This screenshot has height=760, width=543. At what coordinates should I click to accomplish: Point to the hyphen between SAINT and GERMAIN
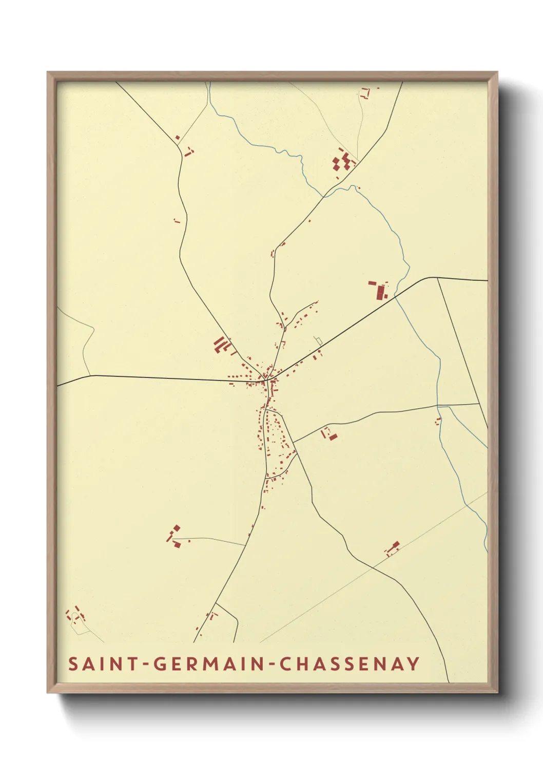click(x=145, y=664)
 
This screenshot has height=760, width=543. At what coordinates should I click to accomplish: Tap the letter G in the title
click(x=160, y=664)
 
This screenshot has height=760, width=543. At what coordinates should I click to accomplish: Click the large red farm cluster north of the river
click(x=343, y=161)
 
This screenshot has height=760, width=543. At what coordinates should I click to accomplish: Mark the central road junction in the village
click(x=267, y=381)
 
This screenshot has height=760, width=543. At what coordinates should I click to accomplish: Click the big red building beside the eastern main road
click(x=380, y=291)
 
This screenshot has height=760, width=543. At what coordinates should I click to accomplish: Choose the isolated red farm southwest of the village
click(x=174, y=536)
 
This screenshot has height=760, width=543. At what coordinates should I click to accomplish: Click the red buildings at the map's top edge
click(x=366, y=93)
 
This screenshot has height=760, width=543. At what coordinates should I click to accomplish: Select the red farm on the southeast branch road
click(x=329, y=434)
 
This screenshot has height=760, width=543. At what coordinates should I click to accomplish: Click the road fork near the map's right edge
click(x=437, y=278)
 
